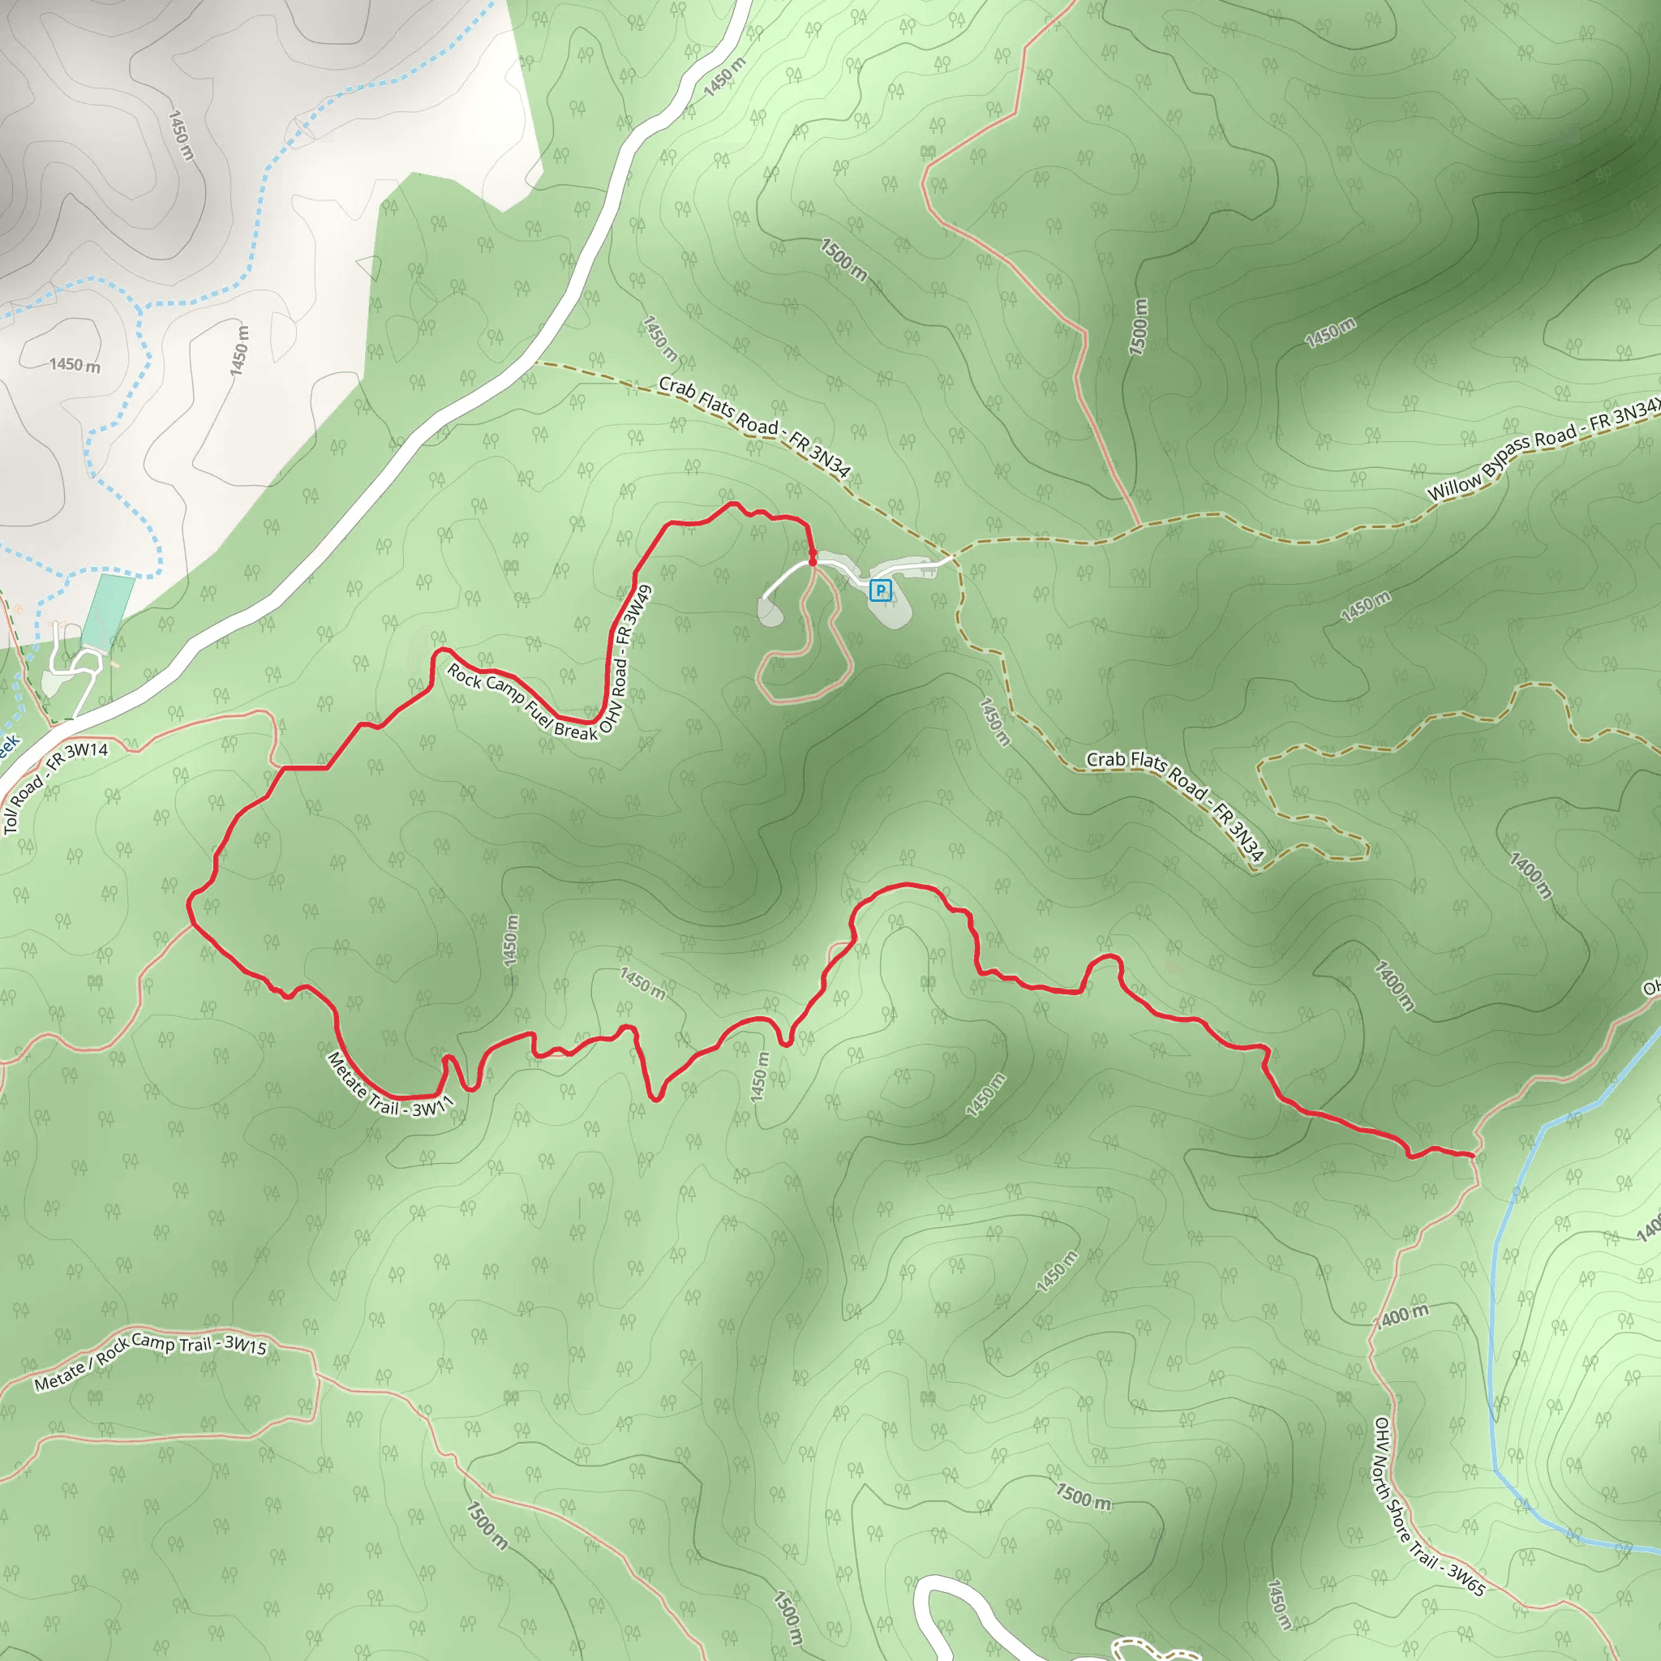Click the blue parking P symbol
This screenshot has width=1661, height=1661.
click(x=879, y=590)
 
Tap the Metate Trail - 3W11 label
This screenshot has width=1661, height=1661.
click(x=389, y=1085)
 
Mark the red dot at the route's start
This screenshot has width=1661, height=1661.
click(x=813, y=562)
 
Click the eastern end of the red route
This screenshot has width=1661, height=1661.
click(x=1472, y=1155)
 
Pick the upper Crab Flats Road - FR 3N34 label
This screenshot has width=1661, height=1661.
click(x=754, y=427)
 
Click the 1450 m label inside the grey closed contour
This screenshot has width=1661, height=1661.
click(x=75, y=364)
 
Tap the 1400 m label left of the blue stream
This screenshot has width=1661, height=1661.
click(x=1403, y=1315)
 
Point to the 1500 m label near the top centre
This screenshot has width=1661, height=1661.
click(x=843, y=260)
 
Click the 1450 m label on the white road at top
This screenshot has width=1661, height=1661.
click(x=724, y=77)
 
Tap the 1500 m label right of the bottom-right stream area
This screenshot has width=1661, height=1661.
click(x=1084, y=1497)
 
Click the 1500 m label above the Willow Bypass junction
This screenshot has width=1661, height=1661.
click(x=1138, y=327)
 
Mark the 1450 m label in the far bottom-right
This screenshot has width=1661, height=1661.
click(x=1278, y=1603)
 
